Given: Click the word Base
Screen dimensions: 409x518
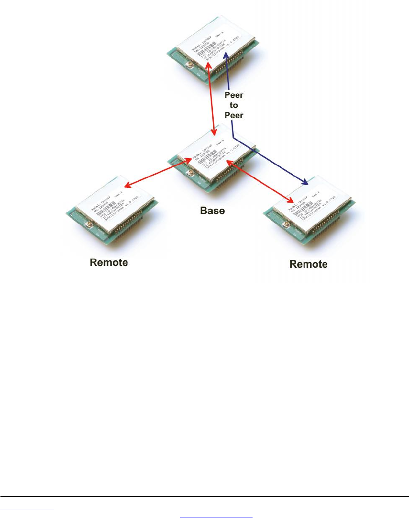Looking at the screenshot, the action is tap(212, 211).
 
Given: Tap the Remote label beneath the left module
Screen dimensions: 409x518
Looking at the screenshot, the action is tap(109, 263).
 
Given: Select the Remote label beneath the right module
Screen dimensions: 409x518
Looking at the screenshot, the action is tap(308, 264).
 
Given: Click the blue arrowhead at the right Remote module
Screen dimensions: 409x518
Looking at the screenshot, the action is tap(304, 182).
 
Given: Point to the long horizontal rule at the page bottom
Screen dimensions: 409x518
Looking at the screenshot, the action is tap(204, 497).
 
